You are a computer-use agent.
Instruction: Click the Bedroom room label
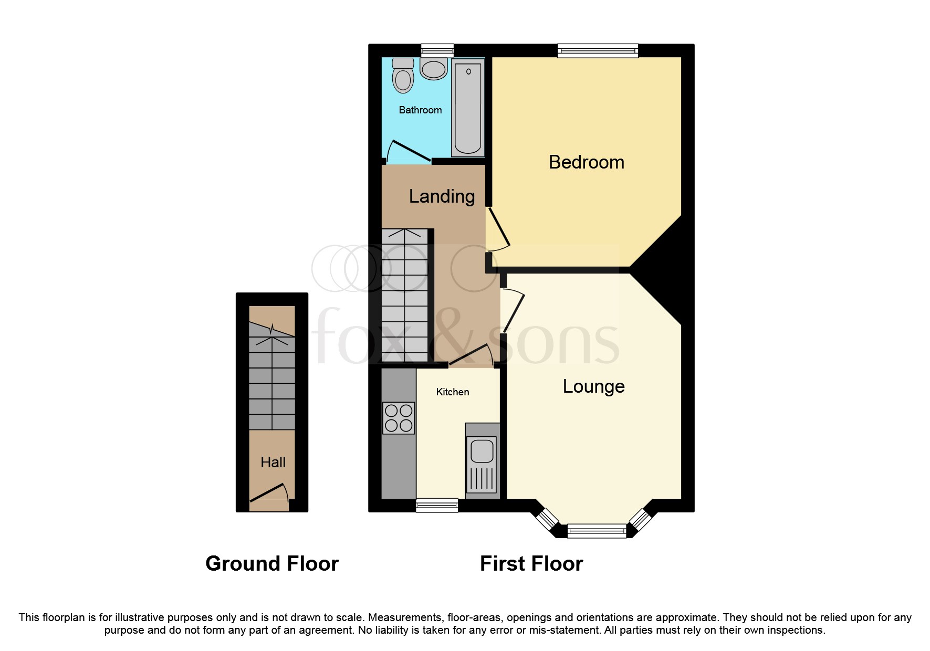click(586, 162)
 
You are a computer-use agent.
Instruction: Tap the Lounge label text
click(593, 386)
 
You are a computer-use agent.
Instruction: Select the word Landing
click(442, 196)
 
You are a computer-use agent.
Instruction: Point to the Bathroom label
click(420, 110)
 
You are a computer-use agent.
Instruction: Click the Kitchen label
click(452, 392)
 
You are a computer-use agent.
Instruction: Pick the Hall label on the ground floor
click(273, 463)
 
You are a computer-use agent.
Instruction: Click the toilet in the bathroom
click(403, 76)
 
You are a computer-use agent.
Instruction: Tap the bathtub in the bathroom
click(468, 108)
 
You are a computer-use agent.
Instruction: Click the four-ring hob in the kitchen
click(399, 418)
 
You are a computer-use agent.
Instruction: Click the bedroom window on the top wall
click(598, 50)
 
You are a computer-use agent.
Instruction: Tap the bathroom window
click(437, 50)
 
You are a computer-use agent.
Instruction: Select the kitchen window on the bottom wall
click(437, 505)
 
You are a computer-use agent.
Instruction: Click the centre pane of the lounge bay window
click(597, 531)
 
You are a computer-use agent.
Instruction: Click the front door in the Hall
click(269, 492)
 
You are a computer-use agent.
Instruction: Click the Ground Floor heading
click(272, 563)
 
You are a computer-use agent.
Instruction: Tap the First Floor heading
click(531, 563)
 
